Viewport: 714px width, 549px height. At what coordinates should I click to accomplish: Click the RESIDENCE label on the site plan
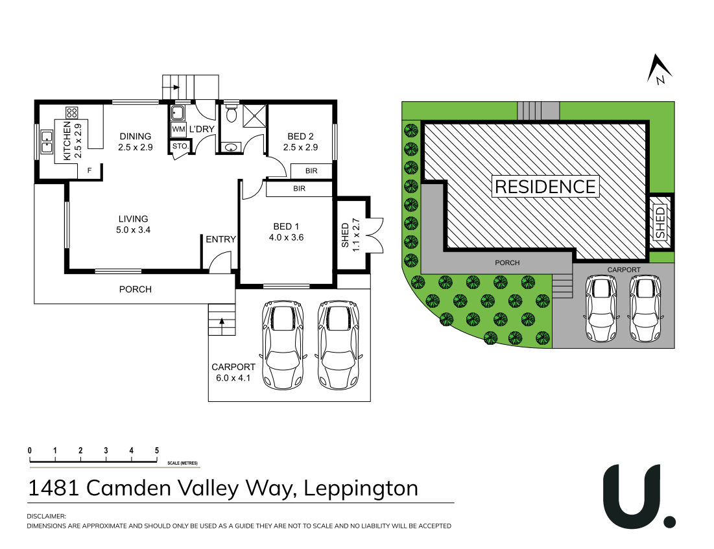545,187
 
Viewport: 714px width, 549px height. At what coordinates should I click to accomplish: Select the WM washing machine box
178,130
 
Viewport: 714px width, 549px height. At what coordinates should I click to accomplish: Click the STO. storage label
180,146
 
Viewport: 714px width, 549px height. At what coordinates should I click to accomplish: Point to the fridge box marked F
89,171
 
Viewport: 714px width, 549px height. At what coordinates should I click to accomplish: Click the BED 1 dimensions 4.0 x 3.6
286,237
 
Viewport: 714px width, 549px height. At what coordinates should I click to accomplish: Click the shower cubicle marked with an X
254,115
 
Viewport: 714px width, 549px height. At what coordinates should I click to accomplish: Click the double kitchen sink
47,141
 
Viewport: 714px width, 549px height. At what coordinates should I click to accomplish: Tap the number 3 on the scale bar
106,450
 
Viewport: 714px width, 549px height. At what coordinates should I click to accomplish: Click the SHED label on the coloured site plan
660,222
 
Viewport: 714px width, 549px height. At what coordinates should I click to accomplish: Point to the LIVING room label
133,219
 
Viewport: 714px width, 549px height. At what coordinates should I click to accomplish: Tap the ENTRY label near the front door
220,239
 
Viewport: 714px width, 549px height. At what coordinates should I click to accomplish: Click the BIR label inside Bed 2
311,170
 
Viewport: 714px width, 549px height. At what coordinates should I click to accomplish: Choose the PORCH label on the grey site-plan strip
508,263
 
